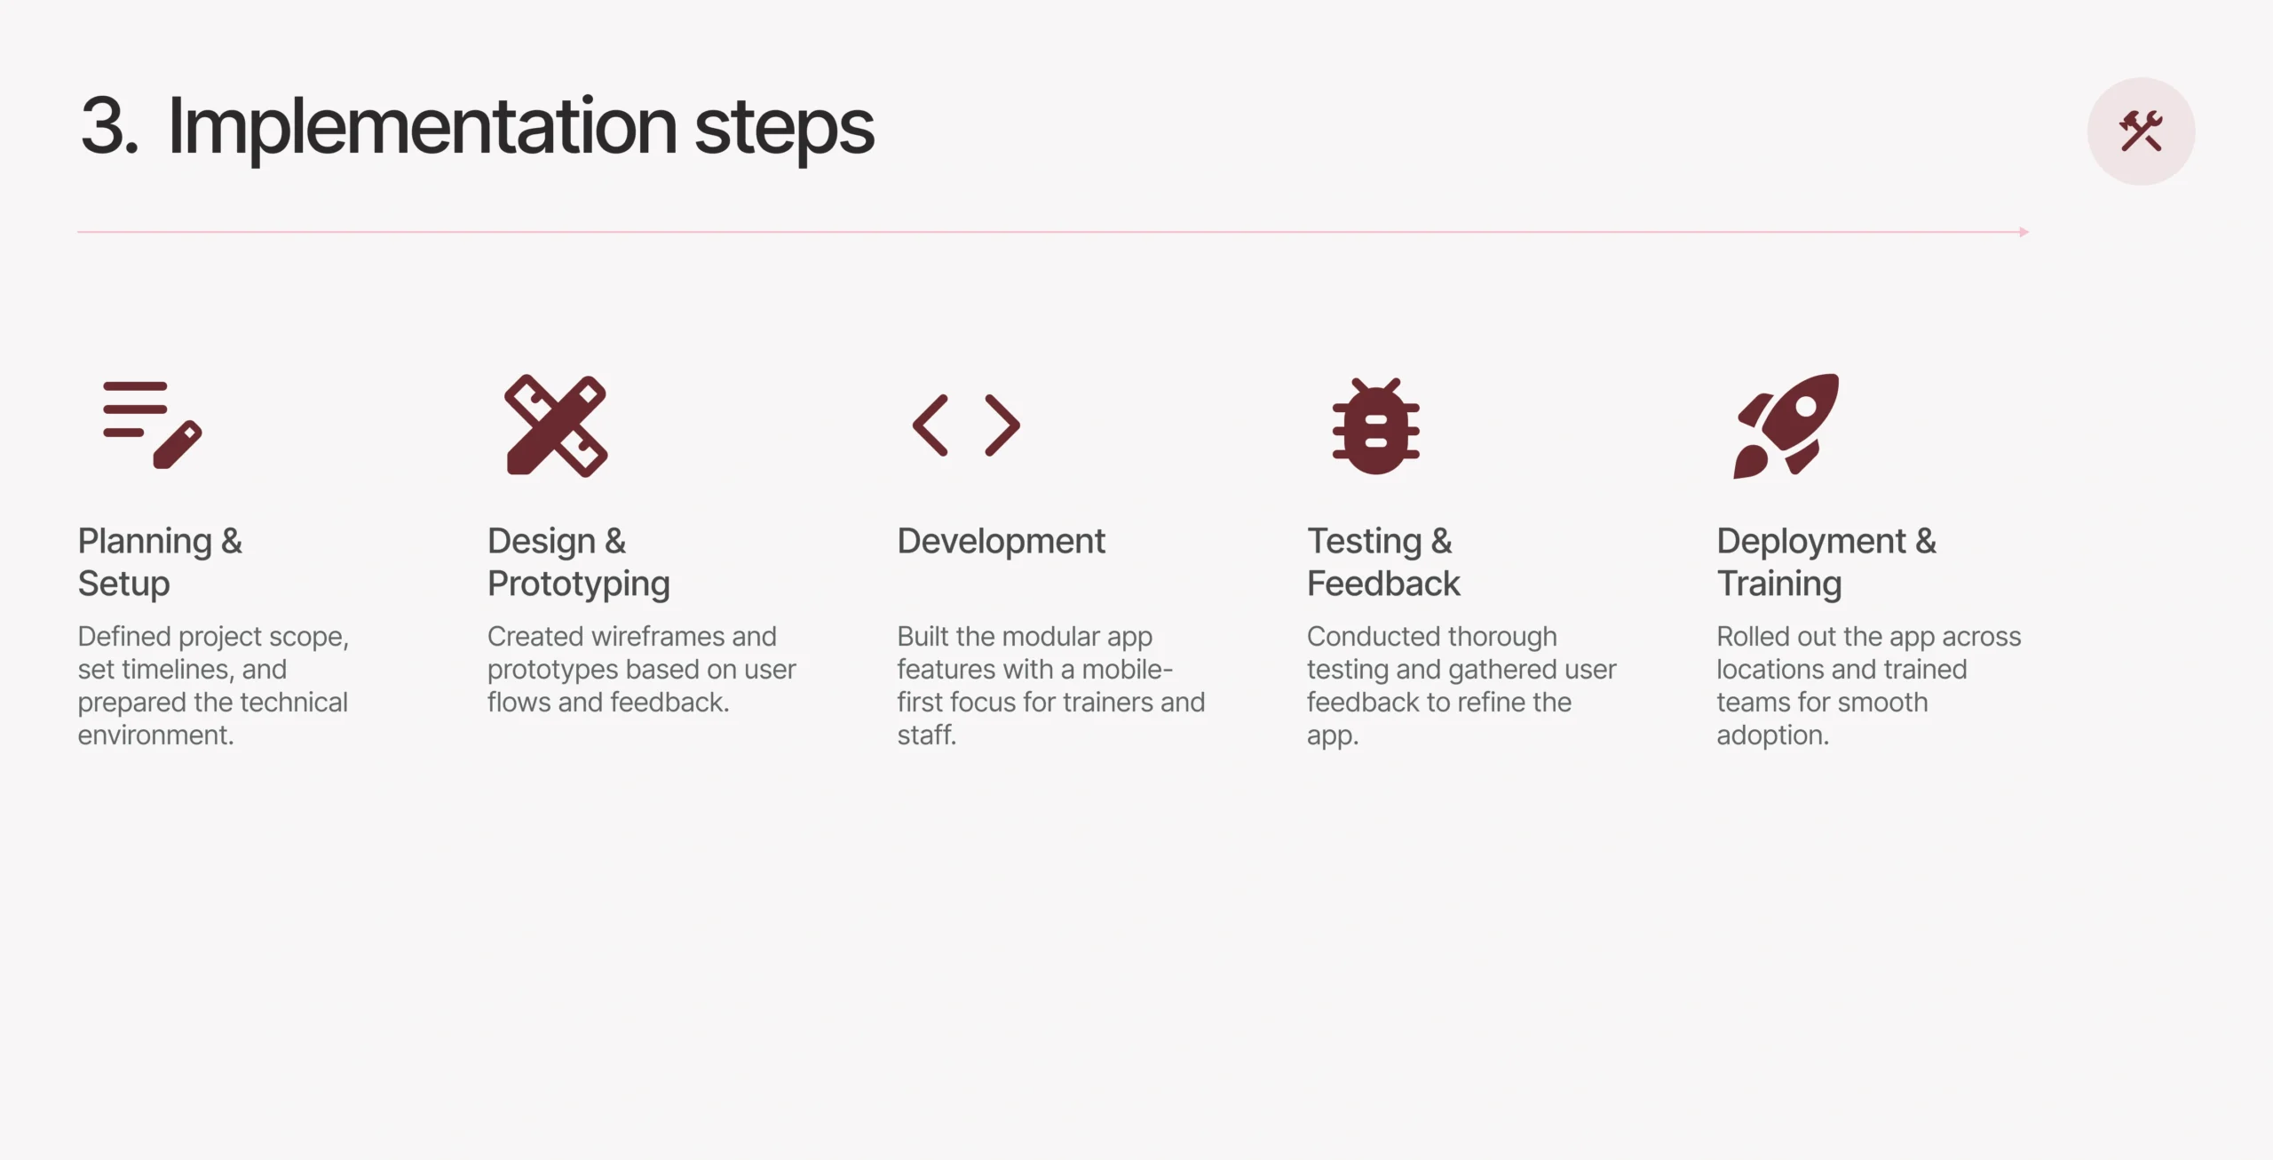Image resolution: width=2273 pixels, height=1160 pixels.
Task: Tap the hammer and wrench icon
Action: (2141, 131)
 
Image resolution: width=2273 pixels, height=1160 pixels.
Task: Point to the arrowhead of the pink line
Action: (2024, 232)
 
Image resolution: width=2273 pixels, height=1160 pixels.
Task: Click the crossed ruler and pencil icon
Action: (556, 425)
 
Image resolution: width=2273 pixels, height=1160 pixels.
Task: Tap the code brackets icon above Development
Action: (966, 425)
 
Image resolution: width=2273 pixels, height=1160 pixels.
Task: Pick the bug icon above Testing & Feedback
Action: (1375, 426)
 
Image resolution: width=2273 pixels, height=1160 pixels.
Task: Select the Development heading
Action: (1001, 541)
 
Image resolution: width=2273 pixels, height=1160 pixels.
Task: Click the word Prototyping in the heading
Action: (579, 584)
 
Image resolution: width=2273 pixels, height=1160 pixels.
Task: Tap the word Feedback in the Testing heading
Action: (1383, 584)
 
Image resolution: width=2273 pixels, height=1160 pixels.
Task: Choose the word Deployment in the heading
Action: (1811, 542)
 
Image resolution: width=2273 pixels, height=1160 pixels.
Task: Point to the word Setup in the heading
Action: (123, 584)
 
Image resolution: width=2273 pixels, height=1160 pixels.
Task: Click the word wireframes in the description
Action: (657, 636)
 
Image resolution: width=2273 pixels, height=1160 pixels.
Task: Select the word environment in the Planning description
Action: (155, 735)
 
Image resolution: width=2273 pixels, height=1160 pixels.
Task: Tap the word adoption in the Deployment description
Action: (1772, 735)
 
